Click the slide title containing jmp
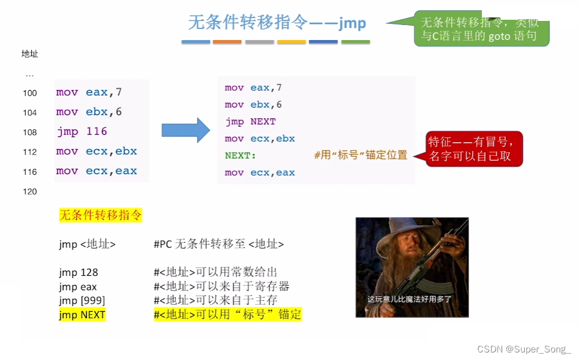point(277,22)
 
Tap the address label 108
point(30,132)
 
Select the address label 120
point(30,192)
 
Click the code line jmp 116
point(82,132)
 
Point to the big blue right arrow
point(185,130)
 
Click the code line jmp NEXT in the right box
point(250,122)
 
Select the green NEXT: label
point(240,156)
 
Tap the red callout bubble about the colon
point(474,149)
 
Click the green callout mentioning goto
point(481,31)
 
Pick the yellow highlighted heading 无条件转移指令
point(100,215)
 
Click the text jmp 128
point(78,272)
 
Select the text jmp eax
point(78,287)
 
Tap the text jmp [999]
point(82,301)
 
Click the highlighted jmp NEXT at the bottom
point(82,315)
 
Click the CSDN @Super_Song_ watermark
point(524,349)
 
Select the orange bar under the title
point(227,42)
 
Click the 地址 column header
point(30,54)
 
